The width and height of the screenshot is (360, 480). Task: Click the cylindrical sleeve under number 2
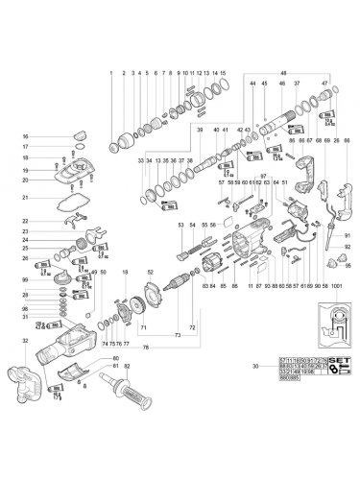point(125,144)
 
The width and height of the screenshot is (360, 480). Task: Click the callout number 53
point(179,224)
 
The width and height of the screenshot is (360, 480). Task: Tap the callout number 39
point(201,129)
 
